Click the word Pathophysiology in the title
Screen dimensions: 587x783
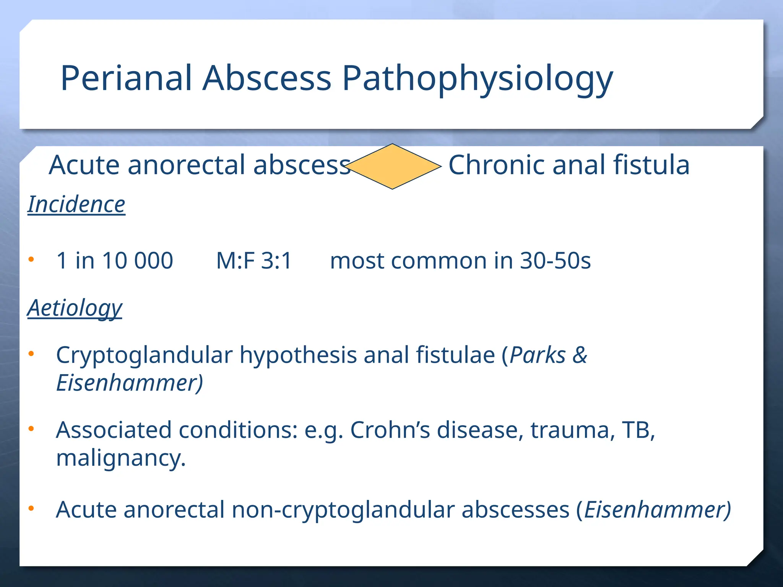pyautogui.click(x=477, y=79)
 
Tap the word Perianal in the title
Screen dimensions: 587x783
pyautogui.click(x=126, y=78)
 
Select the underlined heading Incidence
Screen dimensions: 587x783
pyautogui.click(x=76, y=204)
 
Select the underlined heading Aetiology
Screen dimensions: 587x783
pyautogui.click(x=75, y=308)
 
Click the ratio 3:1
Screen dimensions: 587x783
pyautogui.click(x=276, y=261)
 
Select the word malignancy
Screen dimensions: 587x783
pyautogui.click(x=121, y=458)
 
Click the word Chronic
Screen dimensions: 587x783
pyautogui.click(x=497, y=165)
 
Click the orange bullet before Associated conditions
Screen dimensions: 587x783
pyautogui.click(x=31, y=429)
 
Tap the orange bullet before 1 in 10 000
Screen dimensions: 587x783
pyautogui.click(x=31, y=260)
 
